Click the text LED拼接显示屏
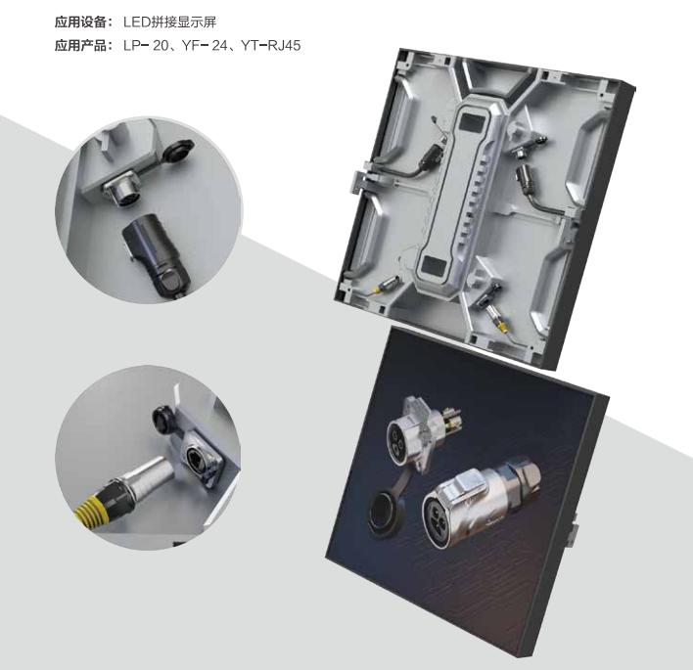169,22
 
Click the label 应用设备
80,22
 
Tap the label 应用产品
80,46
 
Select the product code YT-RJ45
271,46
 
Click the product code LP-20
146,46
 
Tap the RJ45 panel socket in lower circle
201,460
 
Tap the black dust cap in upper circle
179,151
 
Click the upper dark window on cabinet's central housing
473,121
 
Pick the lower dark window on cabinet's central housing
435,265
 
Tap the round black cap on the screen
386,514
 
